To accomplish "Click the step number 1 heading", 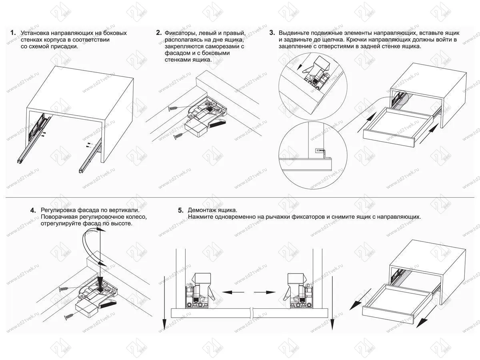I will click(x=13, y=32).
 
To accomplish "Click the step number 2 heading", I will click(x=158, y=32).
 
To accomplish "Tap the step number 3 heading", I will click(x=272, y=32).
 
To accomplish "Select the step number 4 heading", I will click(x=34, y=210).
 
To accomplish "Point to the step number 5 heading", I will click(x=180, y=210).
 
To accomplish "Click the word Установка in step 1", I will click(x=35, y=32).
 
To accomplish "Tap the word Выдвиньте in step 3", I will click(x=294, y=32).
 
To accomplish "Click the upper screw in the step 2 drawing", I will click(x=174, y=108).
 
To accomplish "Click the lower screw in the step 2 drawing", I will click(x=179, y=136).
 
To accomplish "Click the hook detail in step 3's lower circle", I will click(x=320, y=151).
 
